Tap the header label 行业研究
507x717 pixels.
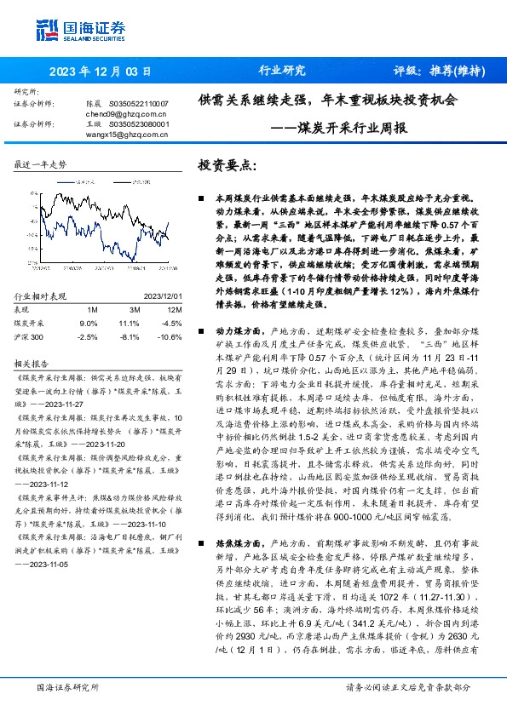point(281,71)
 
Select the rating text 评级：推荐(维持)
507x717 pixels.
point(433,71)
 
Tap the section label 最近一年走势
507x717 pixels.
point(40,163)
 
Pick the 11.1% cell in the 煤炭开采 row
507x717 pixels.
point(129,324)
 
